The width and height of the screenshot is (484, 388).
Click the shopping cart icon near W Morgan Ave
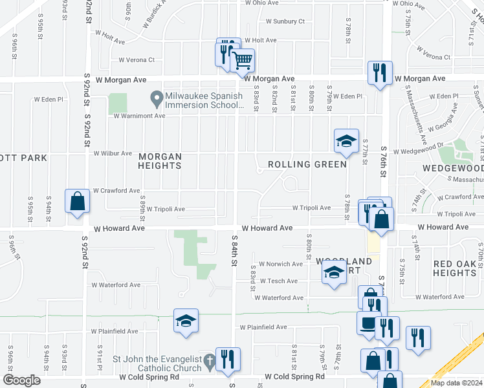pos(242,61)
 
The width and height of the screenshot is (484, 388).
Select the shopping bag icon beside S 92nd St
pos(77,200)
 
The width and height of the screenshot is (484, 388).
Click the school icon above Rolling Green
pos(346,141)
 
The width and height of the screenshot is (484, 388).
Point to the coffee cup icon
pos(369,323)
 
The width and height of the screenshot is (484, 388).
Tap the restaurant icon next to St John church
pos(228,359)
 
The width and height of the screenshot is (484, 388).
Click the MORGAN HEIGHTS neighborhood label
pos(159,161)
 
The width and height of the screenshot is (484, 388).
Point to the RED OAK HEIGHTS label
pos(455,268)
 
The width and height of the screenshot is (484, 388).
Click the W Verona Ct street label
pos(137,60)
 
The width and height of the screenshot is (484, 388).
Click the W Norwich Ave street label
pos(281,264)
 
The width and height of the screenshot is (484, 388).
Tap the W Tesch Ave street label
pos(278,281)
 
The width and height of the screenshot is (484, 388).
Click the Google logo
pos(21,380)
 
